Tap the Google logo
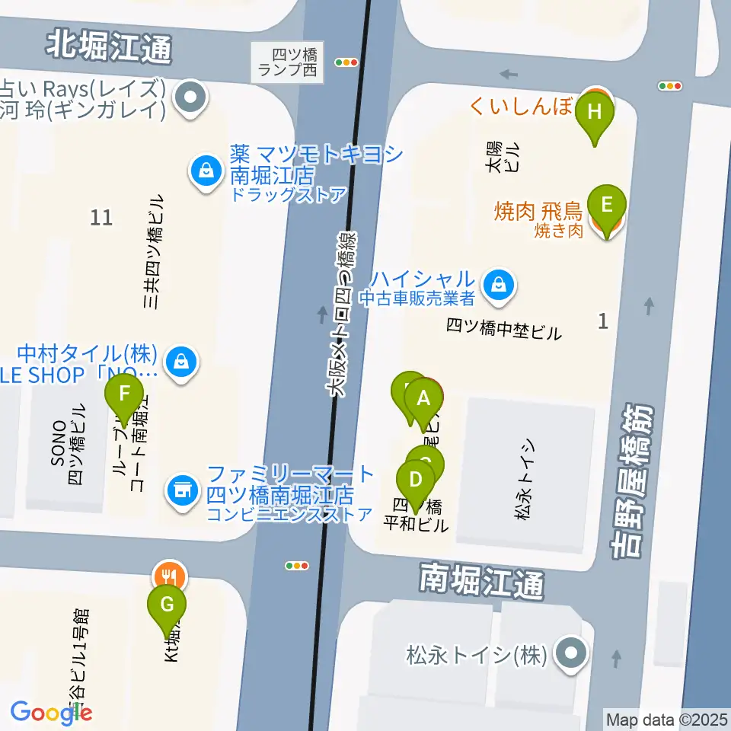tap(51, 713)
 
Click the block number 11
tap(101, 218)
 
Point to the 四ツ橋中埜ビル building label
tap(503, 330)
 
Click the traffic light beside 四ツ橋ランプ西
tap(346, 63)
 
